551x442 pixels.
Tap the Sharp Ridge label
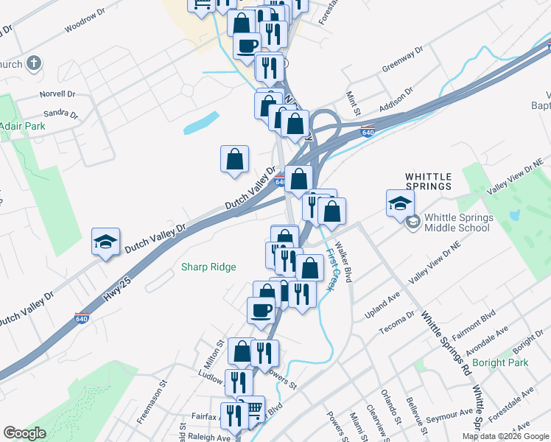[208, 267]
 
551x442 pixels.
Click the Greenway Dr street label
[402, 61]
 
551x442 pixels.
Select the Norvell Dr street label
[58, 94]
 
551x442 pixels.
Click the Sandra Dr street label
[60, 113]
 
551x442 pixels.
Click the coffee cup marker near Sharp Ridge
[261, 310]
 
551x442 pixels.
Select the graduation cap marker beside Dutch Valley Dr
[105, 241]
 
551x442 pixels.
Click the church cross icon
[34, 63]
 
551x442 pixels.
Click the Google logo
[24, 432]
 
